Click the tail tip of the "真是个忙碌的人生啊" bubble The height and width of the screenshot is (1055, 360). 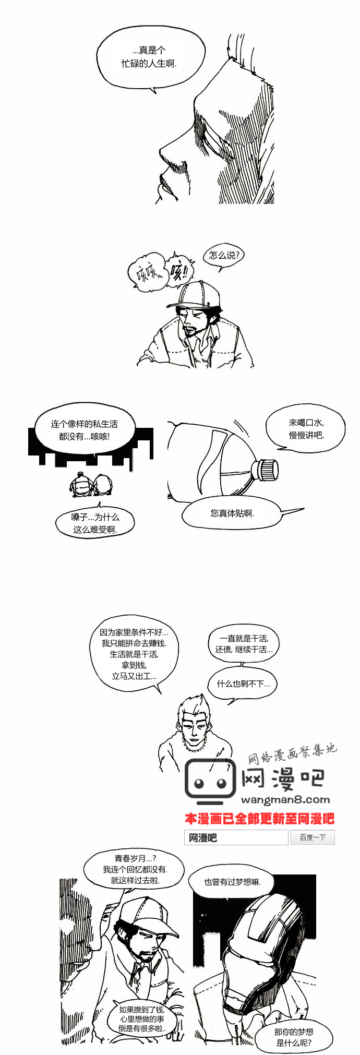[155, 93]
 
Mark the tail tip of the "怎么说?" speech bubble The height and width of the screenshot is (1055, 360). [220, 271]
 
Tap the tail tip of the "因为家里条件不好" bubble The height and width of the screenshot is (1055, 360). [161, 693]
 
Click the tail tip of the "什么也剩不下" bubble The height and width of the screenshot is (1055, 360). [229, 704]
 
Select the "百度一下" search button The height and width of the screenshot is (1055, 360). [313, 837]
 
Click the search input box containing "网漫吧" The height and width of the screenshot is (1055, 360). [236, 837]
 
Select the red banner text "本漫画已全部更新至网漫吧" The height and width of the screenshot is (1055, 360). [259, 818]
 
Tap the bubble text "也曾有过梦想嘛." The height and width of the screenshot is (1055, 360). [232, 882]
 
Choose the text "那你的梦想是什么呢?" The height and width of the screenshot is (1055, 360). [294, 1037]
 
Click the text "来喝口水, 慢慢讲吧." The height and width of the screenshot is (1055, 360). [306, 429]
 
